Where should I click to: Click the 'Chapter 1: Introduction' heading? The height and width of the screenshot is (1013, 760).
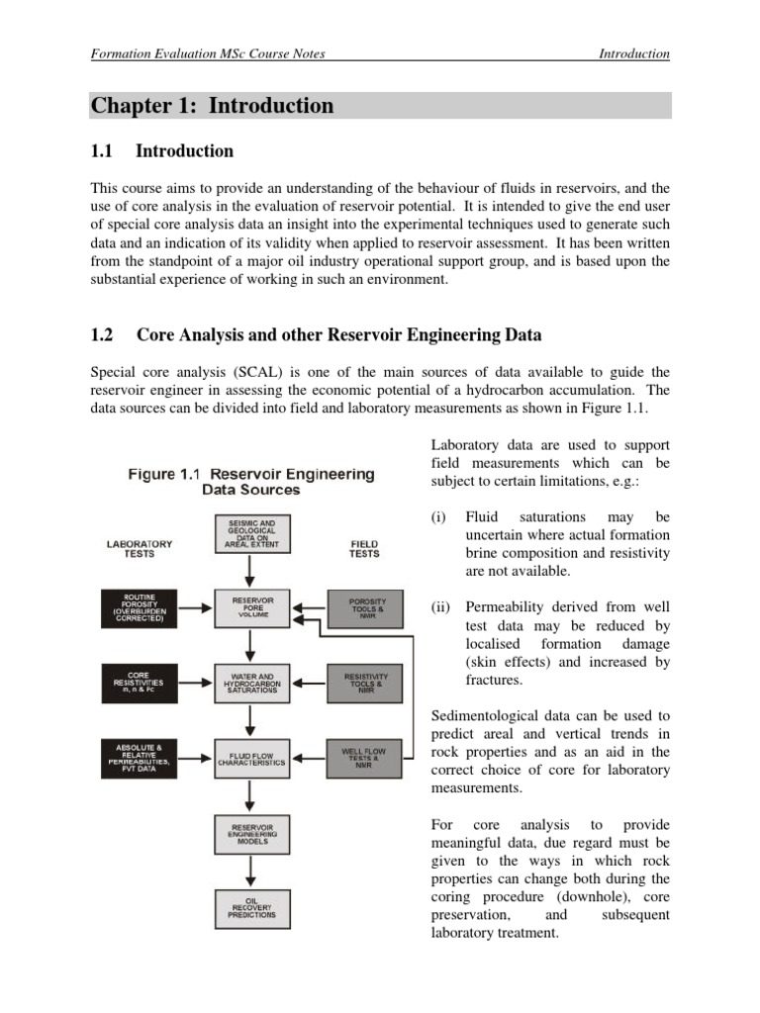click(x=213, y=106)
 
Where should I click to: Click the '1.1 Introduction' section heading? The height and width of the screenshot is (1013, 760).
click(x=161, y=151)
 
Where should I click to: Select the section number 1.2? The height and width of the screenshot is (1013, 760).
click(x=102, y=335)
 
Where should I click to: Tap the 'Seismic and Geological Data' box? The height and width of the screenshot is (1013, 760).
click(x=251, y=532)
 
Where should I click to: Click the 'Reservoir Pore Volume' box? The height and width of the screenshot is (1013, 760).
click(x=251, y=606)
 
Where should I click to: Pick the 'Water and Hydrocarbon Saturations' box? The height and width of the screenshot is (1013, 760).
click(x=251, y=684)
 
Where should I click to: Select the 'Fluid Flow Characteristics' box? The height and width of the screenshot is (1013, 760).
click(x=251, y=759)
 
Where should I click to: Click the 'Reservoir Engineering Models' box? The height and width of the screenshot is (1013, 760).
click(x=251, y=834)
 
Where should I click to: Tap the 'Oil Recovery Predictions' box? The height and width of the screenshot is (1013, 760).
click(x=251, y=908)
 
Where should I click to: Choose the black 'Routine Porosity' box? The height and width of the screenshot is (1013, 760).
click(x=139, y=606)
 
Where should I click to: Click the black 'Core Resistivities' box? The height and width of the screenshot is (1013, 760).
click(x=139, y=684)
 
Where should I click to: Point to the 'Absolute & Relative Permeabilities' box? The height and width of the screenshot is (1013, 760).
click(x=139, y=759)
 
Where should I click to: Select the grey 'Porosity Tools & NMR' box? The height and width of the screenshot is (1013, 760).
click(x=364, y=606)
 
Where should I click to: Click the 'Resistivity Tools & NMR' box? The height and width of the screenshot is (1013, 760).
click(x=364, y=684)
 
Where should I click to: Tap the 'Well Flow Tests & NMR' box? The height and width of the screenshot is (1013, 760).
click(x=364, y=759)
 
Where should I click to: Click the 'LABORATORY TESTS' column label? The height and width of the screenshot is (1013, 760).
click(x=139, y=549)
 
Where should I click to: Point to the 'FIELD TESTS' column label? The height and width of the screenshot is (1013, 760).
click(x=363, y=549)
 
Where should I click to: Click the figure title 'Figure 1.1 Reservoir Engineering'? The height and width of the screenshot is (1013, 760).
click(x=251, y=474)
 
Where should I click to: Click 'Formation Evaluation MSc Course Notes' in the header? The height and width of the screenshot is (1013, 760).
click(x=208, y=53)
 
